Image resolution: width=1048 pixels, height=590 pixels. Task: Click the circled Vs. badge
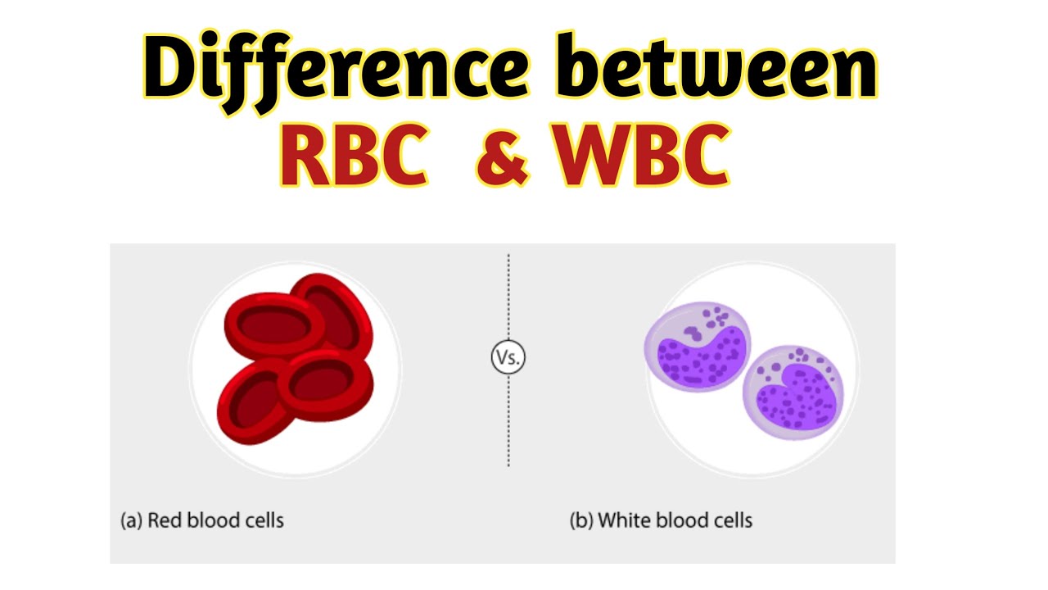click(508, 357)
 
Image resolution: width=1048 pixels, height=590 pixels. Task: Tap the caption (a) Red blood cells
click(201, 520)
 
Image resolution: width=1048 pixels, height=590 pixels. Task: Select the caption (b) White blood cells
click(660, 520)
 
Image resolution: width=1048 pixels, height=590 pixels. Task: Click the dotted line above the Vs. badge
click(508, 295)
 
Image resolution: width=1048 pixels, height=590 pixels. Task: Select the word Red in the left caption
click(165, 520)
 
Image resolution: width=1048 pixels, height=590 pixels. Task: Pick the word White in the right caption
click(621, 520)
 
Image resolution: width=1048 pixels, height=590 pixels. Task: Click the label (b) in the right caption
click(581, 520)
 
